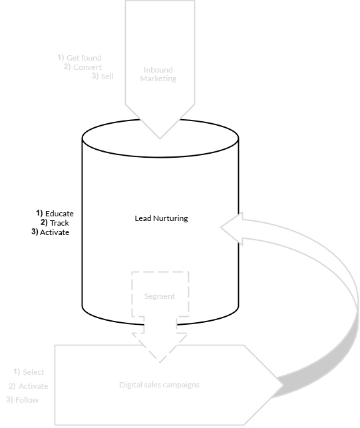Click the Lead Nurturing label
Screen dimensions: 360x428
coord(161,218)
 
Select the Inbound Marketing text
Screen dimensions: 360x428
coord(158,75)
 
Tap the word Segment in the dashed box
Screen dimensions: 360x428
coord(160,296)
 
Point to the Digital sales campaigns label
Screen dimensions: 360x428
coord(160,385)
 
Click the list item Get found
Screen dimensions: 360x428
coord(84,58)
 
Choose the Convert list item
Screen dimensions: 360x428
coord(87,67)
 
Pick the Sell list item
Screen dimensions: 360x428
coord(107,77)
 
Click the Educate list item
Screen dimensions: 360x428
coord(59,214)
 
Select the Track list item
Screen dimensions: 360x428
coord(59,223)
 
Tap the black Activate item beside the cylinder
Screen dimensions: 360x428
coord(55,232)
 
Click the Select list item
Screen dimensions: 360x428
coord(33,372)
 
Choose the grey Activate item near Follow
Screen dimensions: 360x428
coord(33,386)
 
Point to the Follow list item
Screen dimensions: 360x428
coord(27,400)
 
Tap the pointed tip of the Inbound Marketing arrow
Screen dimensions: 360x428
coord(160,138)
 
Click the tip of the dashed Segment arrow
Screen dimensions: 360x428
coord(160,363)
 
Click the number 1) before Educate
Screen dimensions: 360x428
coord(39,213)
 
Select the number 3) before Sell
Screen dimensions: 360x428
coord(95,76)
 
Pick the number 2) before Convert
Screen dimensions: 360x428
coord(67,67)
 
